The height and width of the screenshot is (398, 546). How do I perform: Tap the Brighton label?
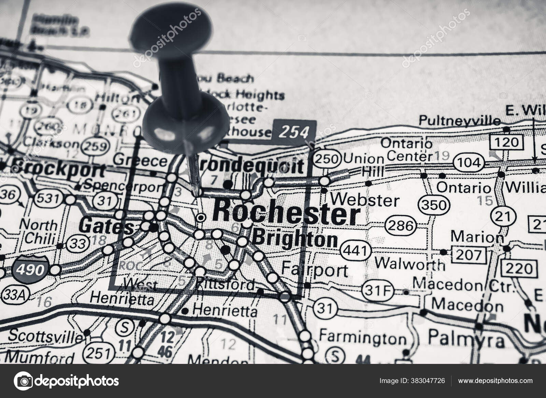click(x=296, y=239)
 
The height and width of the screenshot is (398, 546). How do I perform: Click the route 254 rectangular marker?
click(x=294, y=131)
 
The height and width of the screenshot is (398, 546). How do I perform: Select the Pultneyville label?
click(x=460, y=121)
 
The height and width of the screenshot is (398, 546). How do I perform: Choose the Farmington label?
click(x=362, y=338)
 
